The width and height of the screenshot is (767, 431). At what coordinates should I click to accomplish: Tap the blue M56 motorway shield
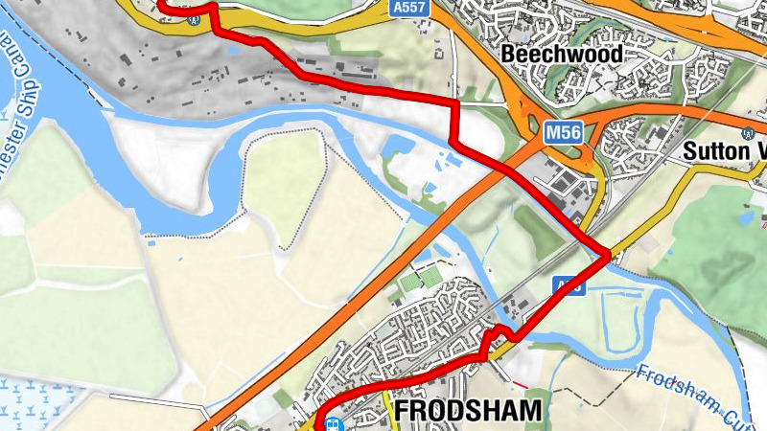pyautogui.click(x=564, y=132)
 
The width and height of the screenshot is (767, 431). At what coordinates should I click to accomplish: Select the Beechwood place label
pyautogui.click(x=561, y=54)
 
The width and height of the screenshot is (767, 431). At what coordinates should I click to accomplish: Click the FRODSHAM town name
pyautogui.click(x=468, y=411)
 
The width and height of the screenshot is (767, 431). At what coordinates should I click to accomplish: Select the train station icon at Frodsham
pyautogui.click(x=332, y=424)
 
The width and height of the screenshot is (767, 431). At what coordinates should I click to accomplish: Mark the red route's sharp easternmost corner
pyautogui.click(x=608, y=254)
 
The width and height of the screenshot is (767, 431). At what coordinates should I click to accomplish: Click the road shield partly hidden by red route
pyautogui.click(x=569, y=285)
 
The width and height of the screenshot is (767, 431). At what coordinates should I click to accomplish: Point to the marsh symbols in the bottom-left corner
pyautogui.click(x=29, y=402)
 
